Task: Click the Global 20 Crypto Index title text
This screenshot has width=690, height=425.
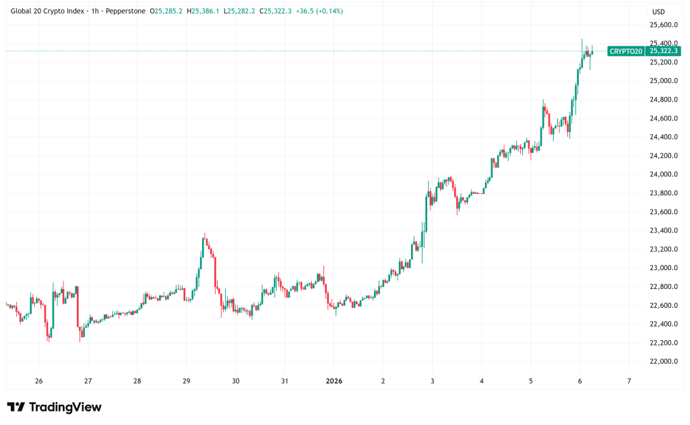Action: (x=51, y=11)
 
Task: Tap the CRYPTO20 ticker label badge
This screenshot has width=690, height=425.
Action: (x=625, y=51)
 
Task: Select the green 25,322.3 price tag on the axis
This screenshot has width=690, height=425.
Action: (x=662, y=51)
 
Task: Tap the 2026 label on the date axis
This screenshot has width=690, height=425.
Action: (x=334, y=381)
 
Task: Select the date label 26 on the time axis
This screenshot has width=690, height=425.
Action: (x=38, y=381)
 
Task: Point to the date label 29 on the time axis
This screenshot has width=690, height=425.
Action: (x=187, y=381)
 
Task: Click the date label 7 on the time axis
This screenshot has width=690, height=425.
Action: (x=629, y=381)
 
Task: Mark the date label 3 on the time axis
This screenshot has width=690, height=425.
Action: (x=433, y=381)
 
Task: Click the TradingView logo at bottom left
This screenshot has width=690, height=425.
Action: (x=54, y=407)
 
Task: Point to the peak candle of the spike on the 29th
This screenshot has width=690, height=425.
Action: (x=205, y=237)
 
